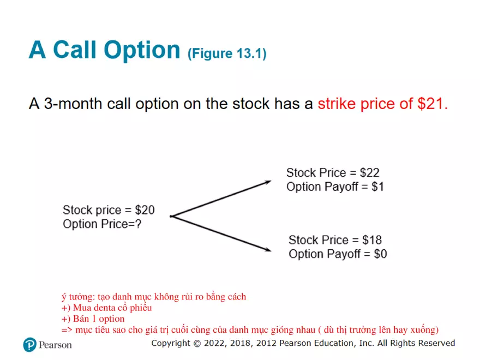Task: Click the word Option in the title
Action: point(142,51)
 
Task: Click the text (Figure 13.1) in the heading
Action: point(227,54)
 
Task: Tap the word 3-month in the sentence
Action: point(73,104)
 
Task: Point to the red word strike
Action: point(337,104)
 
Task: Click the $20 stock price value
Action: point(145,210)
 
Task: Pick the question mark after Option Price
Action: point(139,224)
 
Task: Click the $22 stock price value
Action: point(369,173)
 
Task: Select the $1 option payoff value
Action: point(378,187)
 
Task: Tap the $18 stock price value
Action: point(372,240)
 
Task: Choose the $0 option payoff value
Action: point(381,254)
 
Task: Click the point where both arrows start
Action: point(171,217)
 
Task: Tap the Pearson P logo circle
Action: point(29,345)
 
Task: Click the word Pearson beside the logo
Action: point(55,345)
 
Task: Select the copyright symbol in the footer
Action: point(197,344)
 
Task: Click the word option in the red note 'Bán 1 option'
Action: point(112,319)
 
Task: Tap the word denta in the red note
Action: point(105,308)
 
